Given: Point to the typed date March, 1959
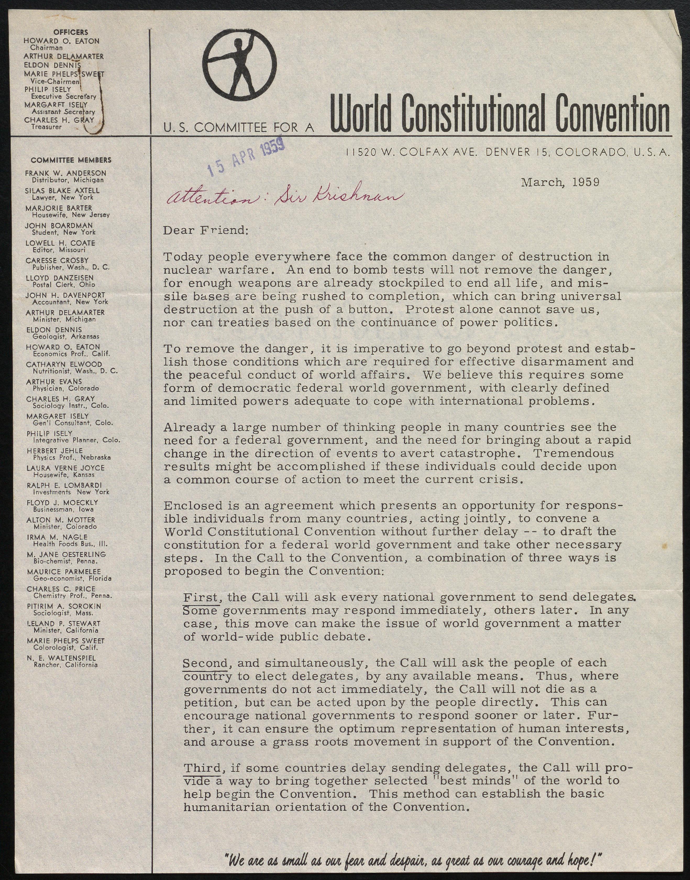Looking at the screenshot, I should click(x=560, y=182).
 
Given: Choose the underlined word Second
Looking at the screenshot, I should click(x=205, y=663).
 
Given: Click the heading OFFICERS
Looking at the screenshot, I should click(x=71, y=32).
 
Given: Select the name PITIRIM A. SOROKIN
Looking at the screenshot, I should click(x=64, y=606).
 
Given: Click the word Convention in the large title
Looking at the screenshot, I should click(x=612, y=114).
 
